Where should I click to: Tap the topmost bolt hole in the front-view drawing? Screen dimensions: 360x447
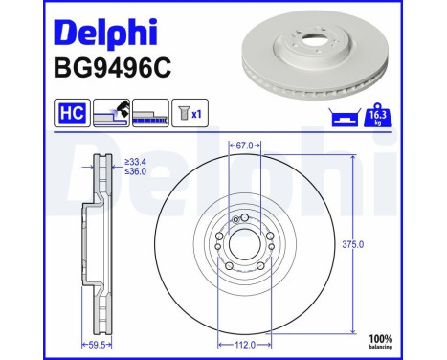coord(245,219)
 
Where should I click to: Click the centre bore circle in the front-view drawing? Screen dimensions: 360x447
coord(245,243)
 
